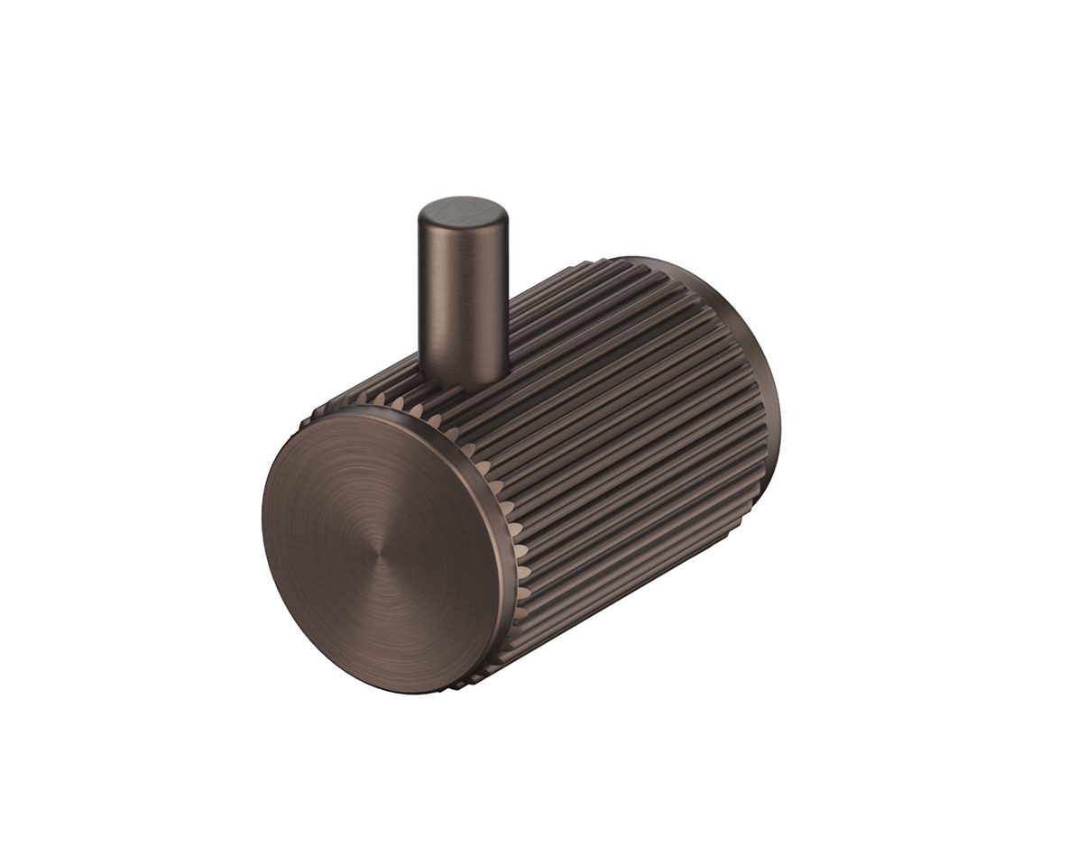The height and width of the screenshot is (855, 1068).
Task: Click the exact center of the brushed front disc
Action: tap(382, 551)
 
